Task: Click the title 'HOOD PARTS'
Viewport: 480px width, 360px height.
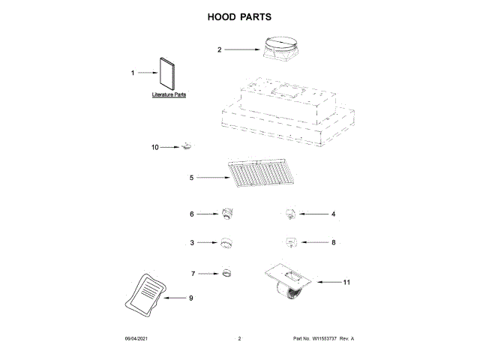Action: click(239, 16)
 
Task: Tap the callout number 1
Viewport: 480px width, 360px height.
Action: click(133, 73)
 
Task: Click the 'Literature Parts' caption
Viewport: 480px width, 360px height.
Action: click(169, 95)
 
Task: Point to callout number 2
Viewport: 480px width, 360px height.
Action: click(219, 49)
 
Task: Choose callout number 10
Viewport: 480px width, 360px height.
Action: click(155, 148)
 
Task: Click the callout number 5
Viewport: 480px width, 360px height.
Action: click(191, 178)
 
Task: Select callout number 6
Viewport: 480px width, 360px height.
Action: click(192, 214)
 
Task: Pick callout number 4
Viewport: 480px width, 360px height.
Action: click(333, 214)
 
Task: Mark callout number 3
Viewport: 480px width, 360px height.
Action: click(192, 243)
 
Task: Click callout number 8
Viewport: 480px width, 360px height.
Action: click(333, 243)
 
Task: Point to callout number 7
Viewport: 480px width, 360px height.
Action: click(192, 273)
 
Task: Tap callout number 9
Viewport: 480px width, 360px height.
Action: click(190, 298)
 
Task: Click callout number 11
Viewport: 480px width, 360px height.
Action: click(346, 282)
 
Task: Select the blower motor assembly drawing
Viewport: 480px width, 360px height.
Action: click(289, 283)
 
